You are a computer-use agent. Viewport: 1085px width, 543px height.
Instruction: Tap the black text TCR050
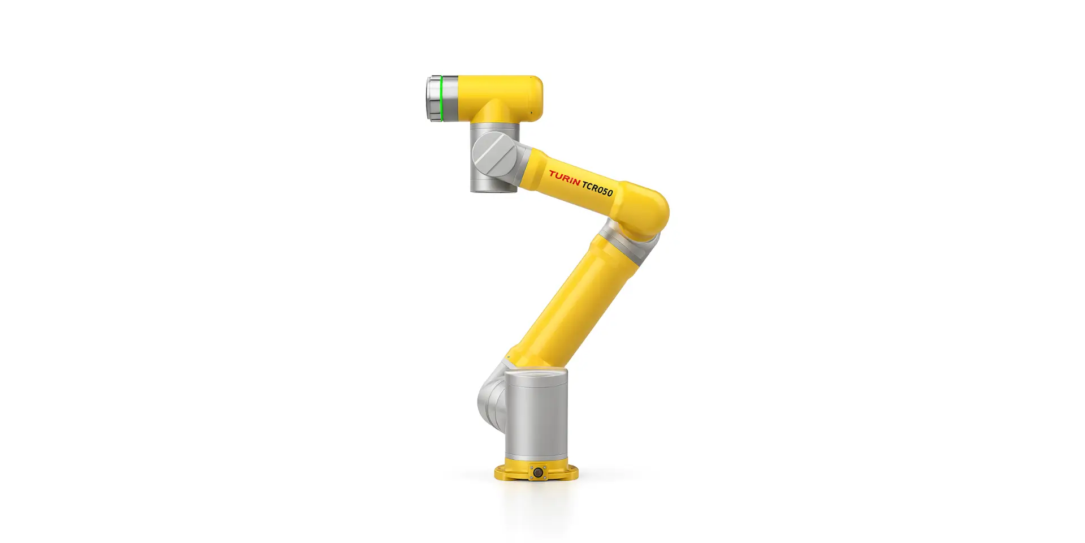pyautogui.click(x=597, y=188)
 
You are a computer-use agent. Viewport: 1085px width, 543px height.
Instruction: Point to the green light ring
pyautogui.click(x=441, y=98)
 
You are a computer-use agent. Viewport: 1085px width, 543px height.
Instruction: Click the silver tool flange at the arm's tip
pyautogui.click(x=433, y=98)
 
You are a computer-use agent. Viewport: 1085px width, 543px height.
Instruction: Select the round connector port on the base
pyautogui.click(x=537, y=472)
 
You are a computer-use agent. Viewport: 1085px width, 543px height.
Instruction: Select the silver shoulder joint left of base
pyautogui.click(x=491, y=399)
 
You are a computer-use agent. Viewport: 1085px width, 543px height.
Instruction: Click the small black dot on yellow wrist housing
pyautogui.click(x=531, y=113)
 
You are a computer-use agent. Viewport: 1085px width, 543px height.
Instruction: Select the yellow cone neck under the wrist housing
pyautogui.click(x=494, y=114)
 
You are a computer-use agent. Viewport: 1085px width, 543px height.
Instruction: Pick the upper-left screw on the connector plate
pyautogui.click(x=531, y=467)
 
